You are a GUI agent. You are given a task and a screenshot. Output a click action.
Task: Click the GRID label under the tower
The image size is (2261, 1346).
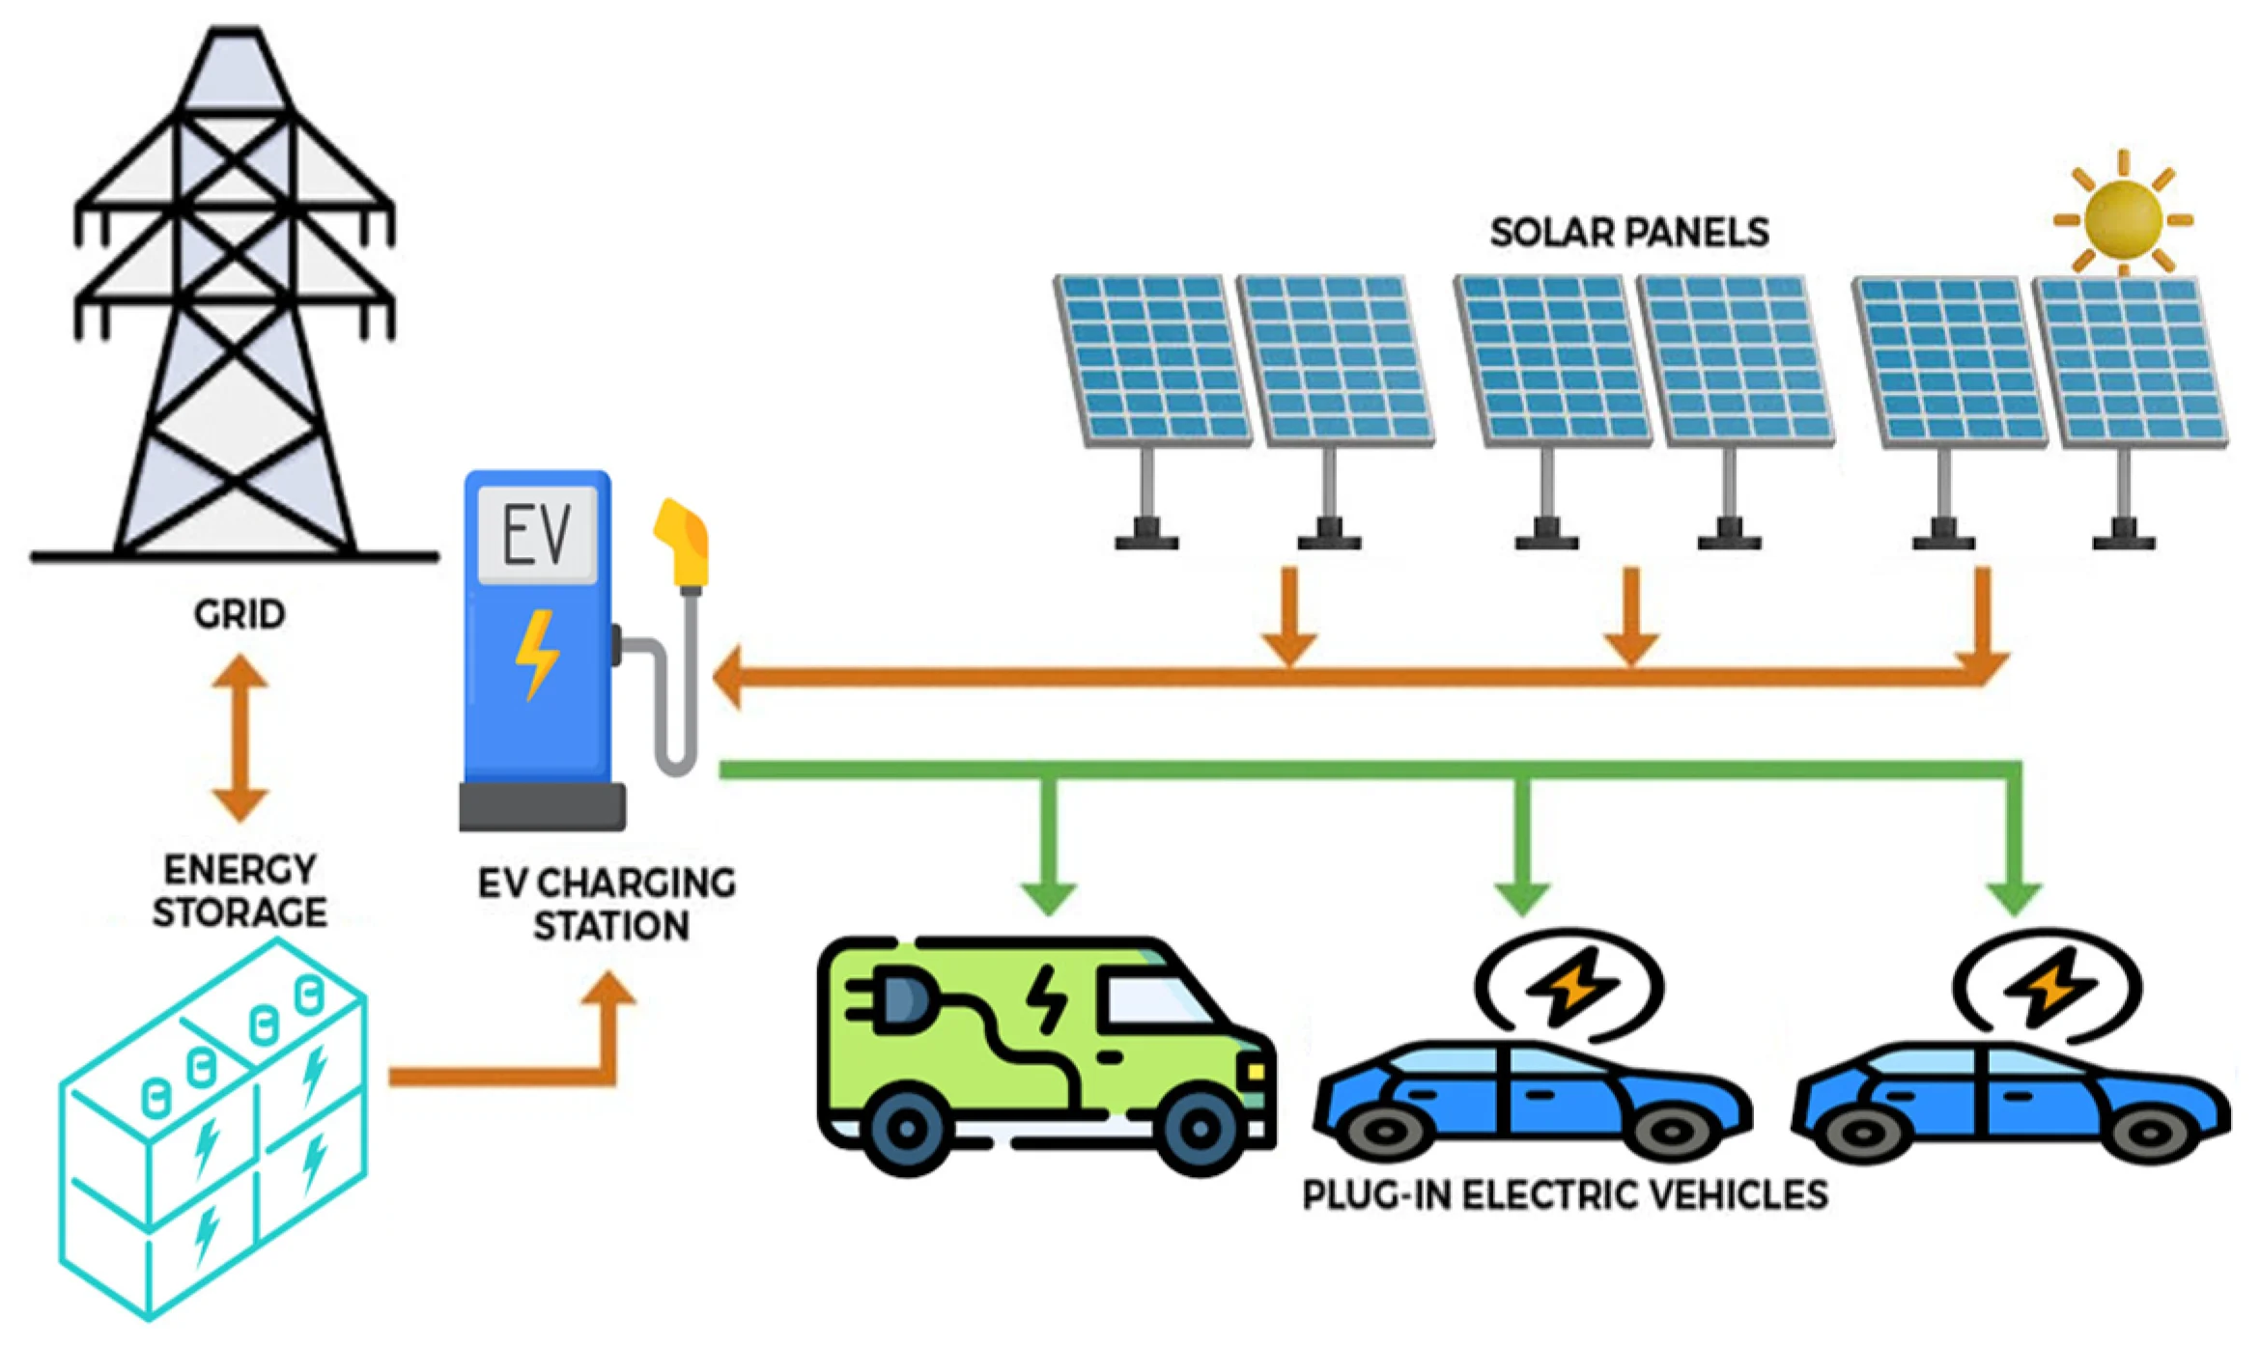coord(240,614)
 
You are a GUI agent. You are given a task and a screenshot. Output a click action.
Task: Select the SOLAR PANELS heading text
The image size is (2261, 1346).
coord(1629,233)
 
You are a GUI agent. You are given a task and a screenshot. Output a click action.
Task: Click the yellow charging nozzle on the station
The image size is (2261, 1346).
coord(684,545)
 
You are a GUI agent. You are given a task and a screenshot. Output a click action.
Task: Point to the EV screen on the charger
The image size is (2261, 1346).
coord(537,534)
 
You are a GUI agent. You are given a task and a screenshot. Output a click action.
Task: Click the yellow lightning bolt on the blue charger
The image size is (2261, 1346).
coord(536,654)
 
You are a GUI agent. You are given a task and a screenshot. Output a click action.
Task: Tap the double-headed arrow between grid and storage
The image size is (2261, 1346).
coord(240,739)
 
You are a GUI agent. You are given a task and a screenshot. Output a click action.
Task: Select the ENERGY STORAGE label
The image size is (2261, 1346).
coord(240,891)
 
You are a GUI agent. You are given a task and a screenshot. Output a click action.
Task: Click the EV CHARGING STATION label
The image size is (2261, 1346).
coord(608,905)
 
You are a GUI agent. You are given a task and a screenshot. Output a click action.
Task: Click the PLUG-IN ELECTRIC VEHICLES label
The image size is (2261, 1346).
coord(1565,1195)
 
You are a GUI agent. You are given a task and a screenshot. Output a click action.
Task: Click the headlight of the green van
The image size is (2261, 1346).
coord(1256,1071)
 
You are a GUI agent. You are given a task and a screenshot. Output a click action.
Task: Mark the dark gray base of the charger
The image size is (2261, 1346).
coord(542,807)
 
